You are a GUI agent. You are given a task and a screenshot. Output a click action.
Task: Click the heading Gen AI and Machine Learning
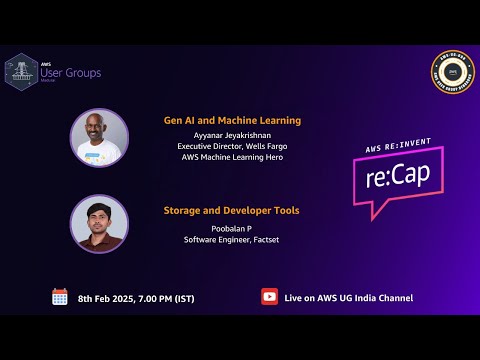232,120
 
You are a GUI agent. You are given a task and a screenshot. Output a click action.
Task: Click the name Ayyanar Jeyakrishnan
232,133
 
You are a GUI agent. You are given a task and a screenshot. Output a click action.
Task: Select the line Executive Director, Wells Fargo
232,145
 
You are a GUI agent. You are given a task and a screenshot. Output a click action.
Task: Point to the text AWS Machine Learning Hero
232,156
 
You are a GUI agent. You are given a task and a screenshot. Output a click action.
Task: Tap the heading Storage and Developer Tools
232,210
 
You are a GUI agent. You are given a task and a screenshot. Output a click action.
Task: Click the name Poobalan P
231,227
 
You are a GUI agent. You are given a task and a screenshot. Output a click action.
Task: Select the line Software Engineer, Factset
231,238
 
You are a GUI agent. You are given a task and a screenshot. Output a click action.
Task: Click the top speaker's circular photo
99,137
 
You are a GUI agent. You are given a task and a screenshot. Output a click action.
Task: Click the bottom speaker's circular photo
99,223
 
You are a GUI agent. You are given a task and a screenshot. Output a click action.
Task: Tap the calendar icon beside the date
60,297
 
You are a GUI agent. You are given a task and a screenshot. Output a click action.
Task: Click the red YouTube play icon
269,297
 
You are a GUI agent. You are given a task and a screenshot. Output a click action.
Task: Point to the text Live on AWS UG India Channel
348,298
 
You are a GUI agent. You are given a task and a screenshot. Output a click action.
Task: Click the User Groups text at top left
70,73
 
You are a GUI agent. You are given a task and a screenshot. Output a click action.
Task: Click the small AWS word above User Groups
46,63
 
